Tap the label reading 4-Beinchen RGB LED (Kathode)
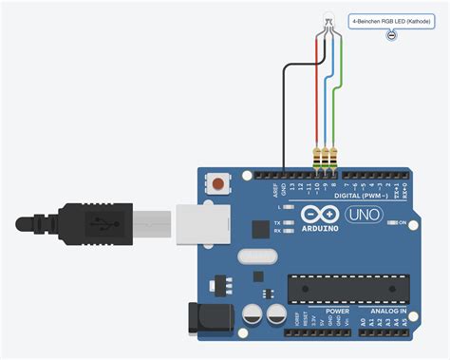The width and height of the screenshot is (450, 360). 390,19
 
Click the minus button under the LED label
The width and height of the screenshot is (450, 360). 391,35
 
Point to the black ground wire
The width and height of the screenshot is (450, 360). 284,114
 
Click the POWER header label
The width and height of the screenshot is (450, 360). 337,311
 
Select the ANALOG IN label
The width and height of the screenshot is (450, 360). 388,311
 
